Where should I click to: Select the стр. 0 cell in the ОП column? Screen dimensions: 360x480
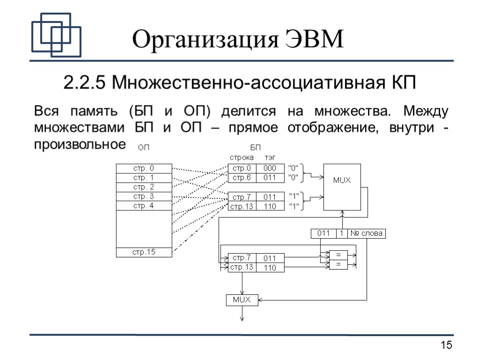click(143, 168)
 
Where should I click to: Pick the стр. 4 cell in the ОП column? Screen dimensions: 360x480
click(143, 206)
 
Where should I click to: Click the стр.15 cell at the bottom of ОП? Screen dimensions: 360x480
click(143, 252)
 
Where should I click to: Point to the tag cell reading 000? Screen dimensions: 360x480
click(270, 168)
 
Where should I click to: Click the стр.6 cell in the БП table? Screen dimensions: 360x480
click(242, 178)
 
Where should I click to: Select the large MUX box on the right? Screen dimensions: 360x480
click(342, 187)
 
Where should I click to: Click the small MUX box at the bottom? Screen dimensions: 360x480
click(242, 300)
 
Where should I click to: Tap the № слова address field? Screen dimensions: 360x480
click(367, 233)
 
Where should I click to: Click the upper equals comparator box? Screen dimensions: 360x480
click(338, 255)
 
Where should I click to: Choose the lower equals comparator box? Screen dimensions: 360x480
click(338, 265)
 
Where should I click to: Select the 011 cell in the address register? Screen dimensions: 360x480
click(323, 233)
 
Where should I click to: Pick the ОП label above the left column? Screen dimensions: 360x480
click(143, 148)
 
